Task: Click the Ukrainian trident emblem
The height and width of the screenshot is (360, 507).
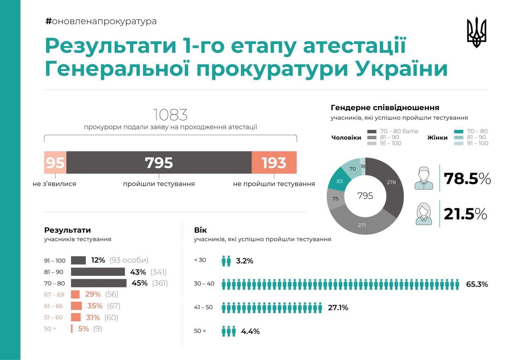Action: pyautogui.click(x=476, y=32)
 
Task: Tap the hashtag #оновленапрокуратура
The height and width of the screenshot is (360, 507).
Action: pyautogui.click(x=101, y=21)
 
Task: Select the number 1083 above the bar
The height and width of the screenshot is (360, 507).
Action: pyautogui.click(x=170, y=115)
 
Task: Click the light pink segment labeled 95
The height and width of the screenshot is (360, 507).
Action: pyautogui.click(x=55, y=162)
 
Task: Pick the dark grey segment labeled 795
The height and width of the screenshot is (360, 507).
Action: pyautogui.click(x=159, y=162)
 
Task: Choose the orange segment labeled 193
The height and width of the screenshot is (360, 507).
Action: pyautogui.click(x=274, y=162)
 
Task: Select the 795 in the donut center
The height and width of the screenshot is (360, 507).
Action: pyautogui.click(x=365, y=196)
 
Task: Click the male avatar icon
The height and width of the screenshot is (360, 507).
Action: pyautogui.click(x=424, y=178)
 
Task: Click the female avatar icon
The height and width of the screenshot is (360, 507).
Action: pyautogui.click(x=424, y=214)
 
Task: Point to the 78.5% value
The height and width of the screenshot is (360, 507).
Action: pyautogui.click(x=467, y=179)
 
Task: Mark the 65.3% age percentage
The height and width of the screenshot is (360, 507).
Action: pyautogui.click(x=477, y=284)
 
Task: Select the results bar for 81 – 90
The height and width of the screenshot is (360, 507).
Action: pyautogui.click(x=98, y=272)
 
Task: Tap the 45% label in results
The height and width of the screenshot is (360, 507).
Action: pyautogui.click(x=140, y=283)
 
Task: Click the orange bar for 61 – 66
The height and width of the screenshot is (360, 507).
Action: pyautogui.click(x=76, y=306)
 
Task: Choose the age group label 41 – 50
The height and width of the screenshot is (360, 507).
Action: pyautogui.click(x=203, y=307)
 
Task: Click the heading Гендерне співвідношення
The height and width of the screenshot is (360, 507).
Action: pyautogui.click(x=385, y=108)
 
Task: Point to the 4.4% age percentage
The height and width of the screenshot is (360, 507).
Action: pyautogui.click(x=250, y=331)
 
